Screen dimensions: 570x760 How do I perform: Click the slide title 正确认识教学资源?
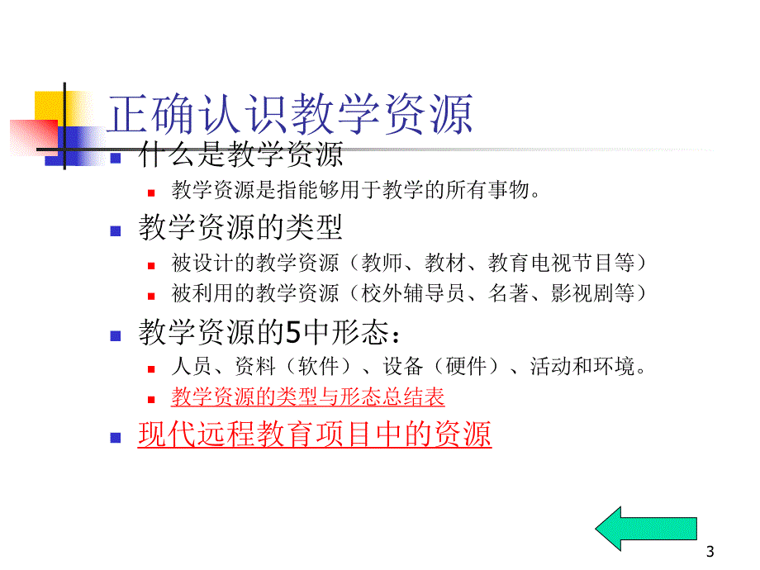pos(292,115)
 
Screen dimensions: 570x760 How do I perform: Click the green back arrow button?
pos(645,529)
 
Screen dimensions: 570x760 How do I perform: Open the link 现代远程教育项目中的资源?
pos(315,434)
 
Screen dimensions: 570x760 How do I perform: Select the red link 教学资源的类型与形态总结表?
pos(308,397)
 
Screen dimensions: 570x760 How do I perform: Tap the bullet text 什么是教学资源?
pos(240,154)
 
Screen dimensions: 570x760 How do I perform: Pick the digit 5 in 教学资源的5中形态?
pos(292,334)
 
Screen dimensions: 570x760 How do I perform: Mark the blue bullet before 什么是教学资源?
pos(116,156)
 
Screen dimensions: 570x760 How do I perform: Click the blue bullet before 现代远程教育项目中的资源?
pos(116,437)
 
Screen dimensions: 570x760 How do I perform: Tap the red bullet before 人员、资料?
pos(151,369)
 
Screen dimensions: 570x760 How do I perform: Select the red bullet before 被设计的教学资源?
pos(151,266)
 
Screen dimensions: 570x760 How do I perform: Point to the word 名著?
pos(506,293)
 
